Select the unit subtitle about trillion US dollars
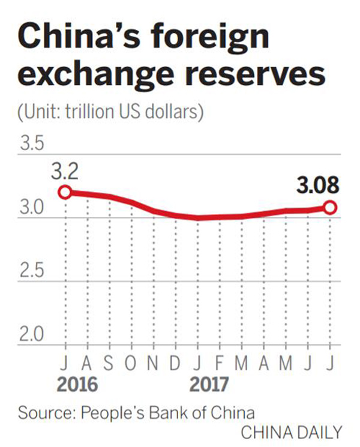coord(111,111)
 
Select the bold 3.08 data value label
coord(317,186)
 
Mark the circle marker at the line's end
coord(329,208)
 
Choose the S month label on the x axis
coord(109,364)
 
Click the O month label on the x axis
coord(131,364)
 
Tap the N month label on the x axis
coord(153,364)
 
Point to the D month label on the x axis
coord(175,364)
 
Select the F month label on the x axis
coord(219,364)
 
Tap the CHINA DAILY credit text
coord(292,432)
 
